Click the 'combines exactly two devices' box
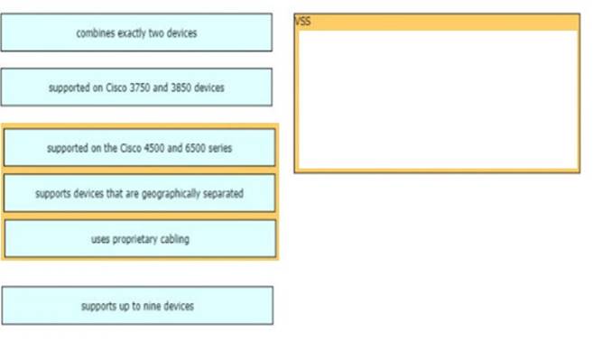coord(136,32)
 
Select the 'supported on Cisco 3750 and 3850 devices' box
coord(136,88)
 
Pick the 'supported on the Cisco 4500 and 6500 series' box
coord(139,148)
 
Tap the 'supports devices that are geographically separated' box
coord(139,193)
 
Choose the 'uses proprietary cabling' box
coord(140,239)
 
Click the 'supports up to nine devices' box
coord(137,306)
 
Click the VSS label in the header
coord(302,22)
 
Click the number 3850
coord(181,88)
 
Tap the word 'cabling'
coord(173,239)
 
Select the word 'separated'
coord(222,193)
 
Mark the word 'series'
coord(220,148)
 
